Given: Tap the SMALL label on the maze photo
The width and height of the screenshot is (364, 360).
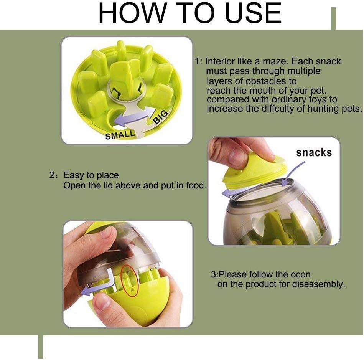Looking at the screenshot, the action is pyautogui.click(x=120, y=135).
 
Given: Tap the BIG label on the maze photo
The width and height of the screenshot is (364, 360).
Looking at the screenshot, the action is pyautogui.click(x=160, y=117).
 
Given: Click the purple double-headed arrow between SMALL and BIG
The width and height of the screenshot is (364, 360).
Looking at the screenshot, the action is pyautogui.click(x=135, y=115).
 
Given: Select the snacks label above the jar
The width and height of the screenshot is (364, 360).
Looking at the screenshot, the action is pyautogui.click(x=314, y=153).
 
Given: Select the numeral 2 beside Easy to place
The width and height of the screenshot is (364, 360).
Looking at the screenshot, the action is pyautogui.click(x=51, y=175).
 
